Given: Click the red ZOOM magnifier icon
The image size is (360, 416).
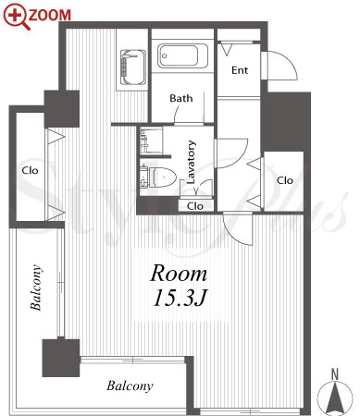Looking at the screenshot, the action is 16,17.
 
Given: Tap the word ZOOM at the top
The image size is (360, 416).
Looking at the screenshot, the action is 50,15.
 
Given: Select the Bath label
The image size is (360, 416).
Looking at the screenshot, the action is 181,98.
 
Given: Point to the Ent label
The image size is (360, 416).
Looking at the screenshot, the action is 240,70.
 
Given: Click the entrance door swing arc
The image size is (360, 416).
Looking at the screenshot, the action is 289,60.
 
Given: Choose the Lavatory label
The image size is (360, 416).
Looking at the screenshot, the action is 192,162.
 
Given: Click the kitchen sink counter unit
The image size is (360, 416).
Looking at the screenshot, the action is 133,67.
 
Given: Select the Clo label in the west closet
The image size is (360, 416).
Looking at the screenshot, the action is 30,170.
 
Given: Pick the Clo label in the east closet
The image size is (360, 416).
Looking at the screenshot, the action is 285,180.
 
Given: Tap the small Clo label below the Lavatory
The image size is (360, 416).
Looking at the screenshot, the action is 195,206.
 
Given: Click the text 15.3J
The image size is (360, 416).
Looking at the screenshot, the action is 180,298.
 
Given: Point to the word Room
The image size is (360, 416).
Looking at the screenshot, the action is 179,274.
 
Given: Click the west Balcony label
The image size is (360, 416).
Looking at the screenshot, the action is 36,288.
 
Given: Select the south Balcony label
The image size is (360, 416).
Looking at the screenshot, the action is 130,385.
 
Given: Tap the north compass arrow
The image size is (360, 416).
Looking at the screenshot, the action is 335,398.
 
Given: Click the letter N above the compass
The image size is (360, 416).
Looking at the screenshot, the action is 335,374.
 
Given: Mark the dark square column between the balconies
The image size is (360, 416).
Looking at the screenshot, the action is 61,358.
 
